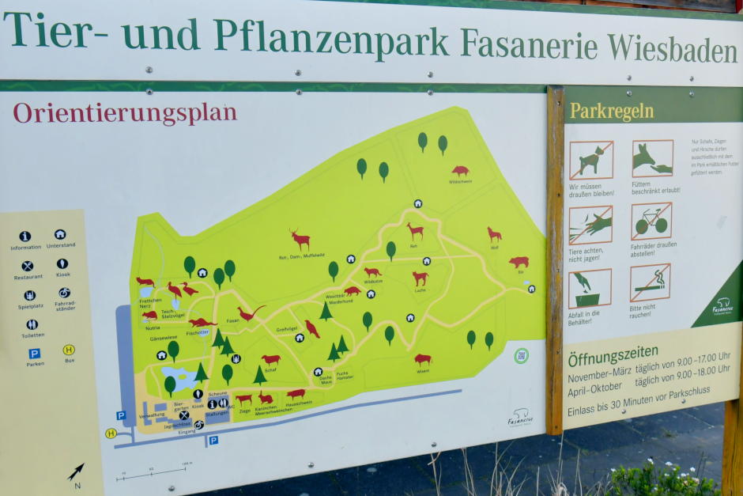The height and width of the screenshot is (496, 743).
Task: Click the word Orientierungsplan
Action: click(x=125, y=112)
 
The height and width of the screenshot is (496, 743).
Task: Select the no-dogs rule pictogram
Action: click(x=590, y=161)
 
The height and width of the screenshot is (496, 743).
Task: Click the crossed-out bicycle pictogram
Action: click(x=651, y=221)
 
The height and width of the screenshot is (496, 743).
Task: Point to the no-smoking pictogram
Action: click(x=650, y=282)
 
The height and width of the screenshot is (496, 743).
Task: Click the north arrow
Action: click(x=76, y=472)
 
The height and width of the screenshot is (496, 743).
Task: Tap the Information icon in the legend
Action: click(x=25, y=236)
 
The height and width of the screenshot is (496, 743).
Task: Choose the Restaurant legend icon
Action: click(x=28, y=266)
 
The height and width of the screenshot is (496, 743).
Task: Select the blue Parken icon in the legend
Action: click(x=34, y=354)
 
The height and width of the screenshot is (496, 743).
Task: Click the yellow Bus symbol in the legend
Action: click(x=69, y=350)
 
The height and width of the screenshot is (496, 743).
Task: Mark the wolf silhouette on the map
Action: click(x=494, y=234)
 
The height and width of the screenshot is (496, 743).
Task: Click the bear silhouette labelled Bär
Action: click(x=519, y=262)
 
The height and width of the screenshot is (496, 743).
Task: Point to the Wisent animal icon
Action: click(x=423, y=359)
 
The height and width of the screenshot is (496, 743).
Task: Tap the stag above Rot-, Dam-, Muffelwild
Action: click(x=300, y=239)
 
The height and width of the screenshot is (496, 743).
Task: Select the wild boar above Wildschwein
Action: click(x=460, y=171)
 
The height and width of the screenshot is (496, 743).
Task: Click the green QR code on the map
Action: click(x=521, y=355)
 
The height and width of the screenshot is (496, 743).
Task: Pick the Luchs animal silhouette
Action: click(x=420, y=278)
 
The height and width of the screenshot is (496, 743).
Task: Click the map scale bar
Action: click(x=155, y=472)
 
